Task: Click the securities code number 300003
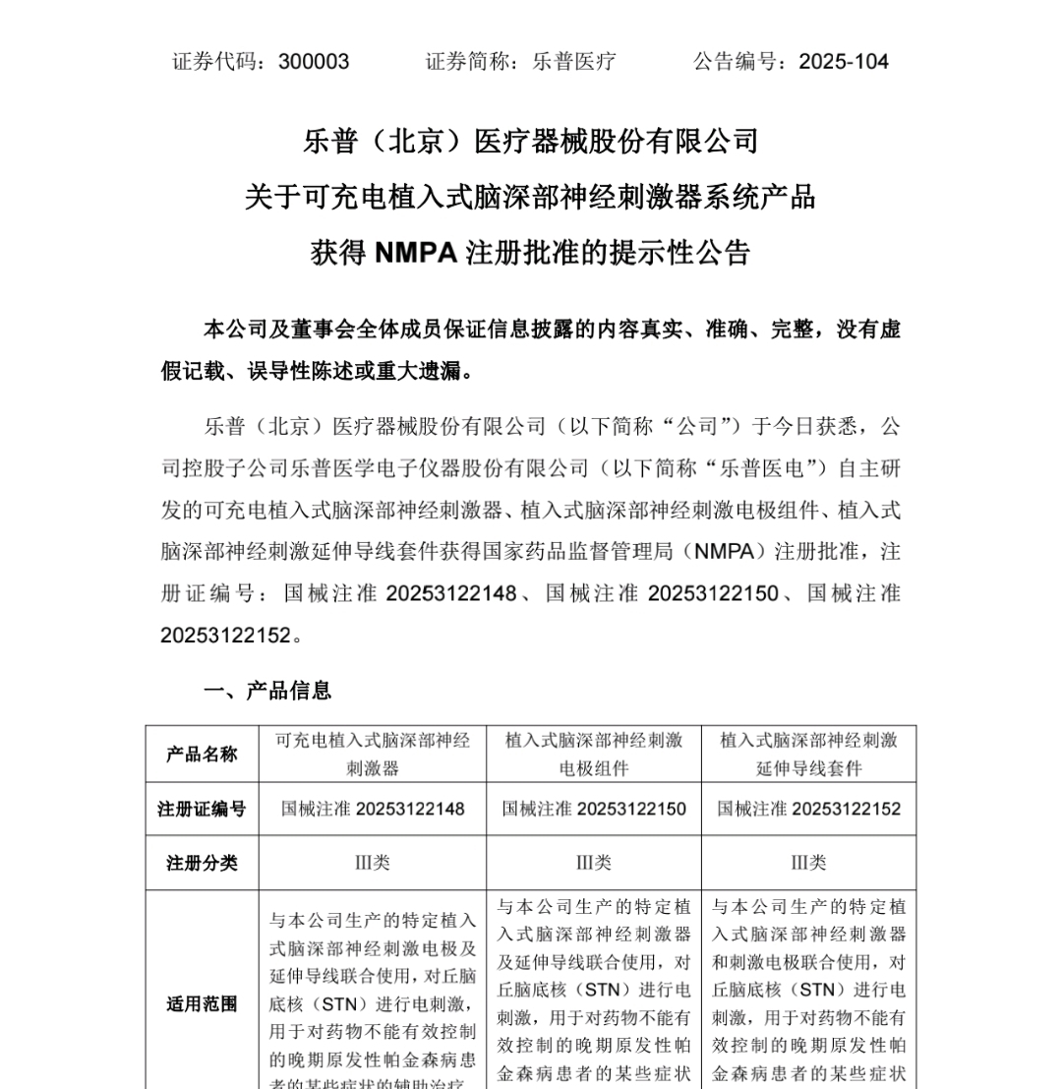click(314, 62)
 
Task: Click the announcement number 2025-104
click(844, 62)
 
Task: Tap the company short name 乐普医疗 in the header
click(574, 62)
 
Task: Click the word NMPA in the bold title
click(416, 254)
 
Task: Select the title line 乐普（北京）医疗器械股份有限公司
click(531, 142)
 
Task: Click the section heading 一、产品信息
click(267, 691)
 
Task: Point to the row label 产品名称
click(202, 755)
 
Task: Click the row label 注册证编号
click(202, 809)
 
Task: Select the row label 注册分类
click(202, 863)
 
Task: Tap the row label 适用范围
click(202, 1004)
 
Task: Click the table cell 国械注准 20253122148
click(373, 809)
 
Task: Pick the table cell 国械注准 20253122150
click(594, 809)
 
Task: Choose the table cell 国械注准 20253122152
click(808, 809)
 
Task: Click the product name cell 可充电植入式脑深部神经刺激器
click(373, 754)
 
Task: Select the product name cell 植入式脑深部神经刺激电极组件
click(594, 754)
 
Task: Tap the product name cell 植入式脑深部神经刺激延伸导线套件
click(808, 754)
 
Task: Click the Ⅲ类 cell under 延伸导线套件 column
click(808, 863)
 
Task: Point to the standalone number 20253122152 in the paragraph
click(226, 635)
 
